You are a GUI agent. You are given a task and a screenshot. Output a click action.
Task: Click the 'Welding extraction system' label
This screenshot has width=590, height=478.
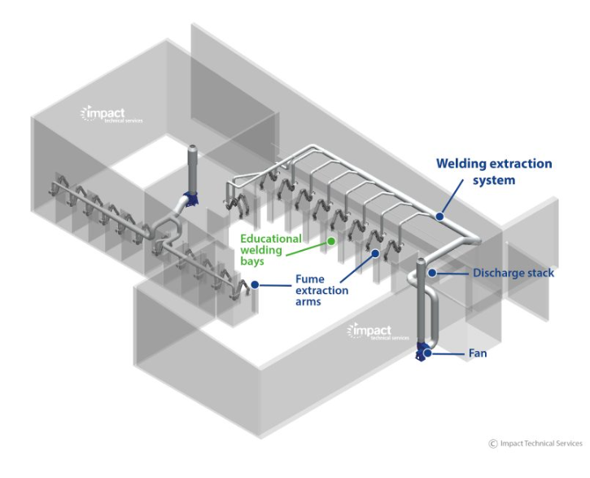pos(494,172)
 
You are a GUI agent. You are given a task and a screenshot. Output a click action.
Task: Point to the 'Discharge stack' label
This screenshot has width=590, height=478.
pos(514,273)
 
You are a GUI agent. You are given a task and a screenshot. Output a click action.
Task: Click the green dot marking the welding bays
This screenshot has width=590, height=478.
pos(331,242)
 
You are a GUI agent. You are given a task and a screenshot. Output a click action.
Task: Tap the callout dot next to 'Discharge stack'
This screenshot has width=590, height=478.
pos(432,273)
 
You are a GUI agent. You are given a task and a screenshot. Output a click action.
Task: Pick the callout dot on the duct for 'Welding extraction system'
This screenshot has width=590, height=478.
pos(439,216)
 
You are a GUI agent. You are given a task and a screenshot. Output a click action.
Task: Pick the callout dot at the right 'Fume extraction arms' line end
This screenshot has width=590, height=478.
pos(375,253)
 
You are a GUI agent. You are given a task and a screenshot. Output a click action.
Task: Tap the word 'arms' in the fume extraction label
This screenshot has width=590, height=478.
pos(310,303)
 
